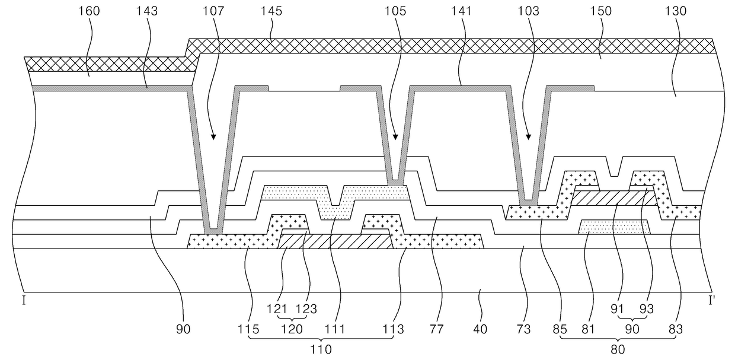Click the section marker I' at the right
click(x=714, y=300)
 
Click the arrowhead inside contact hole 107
click(x=213, y=138)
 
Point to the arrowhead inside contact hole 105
click(x=395, y=138)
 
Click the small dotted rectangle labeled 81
click(x=613, y=227)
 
